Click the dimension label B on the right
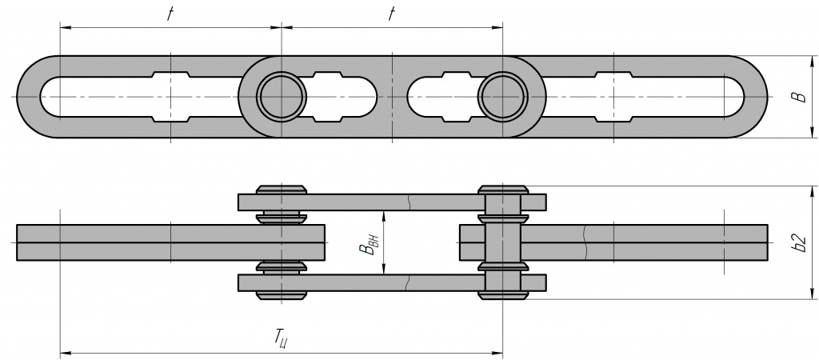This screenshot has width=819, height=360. [797, 97]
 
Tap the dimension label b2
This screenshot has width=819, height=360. [796, 242]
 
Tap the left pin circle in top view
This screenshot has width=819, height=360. [282, 97]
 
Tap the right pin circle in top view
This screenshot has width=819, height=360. [502, 97]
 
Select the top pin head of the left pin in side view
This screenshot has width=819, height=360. [282, 190]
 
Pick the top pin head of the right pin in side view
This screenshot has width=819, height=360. [502, 190]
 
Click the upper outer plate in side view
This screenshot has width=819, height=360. [392, 202]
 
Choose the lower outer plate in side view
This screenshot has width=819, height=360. [392, 283]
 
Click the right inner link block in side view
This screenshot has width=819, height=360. [640, 242]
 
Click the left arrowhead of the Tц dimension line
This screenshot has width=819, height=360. [64, 351]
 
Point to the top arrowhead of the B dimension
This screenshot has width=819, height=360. [811, 60]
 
